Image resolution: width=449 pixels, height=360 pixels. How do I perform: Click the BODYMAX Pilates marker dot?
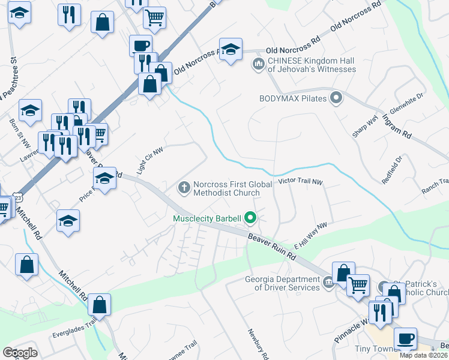click(336, 97)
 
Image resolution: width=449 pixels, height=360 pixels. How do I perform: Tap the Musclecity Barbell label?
click(206, 218)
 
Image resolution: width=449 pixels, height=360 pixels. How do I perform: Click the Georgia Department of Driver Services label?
click(282, 283)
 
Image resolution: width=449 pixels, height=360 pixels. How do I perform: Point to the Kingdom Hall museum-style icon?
click(259, 64)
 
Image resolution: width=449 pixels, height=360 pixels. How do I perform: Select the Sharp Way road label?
click(364, 128)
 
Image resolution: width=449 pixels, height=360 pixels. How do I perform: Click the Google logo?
click(20, 353)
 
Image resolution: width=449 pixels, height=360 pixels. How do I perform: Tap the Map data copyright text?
click(424, 355)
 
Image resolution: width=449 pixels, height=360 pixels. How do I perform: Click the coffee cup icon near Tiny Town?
click(405, 338)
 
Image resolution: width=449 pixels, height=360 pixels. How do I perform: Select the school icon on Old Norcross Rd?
click(231, 50)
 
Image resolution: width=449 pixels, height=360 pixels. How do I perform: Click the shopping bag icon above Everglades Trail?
click(99, 305)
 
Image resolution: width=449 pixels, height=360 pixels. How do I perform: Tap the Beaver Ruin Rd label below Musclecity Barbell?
click(273, 247)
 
